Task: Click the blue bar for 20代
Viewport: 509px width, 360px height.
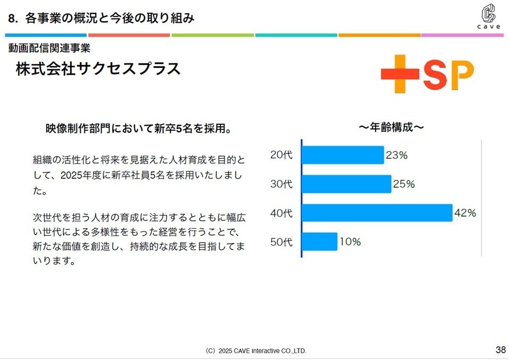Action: click(x=343, y=155)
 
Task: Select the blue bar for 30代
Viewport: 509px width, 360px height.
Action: click(x=346, y=184)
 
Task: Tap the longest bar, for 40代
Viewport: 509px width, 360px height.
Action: click(x=377, y=213)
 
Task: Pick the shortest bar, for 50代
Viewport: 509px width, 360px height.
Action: click(x=319, y=242)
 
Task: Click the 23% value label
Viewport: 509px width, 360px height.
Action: click(x=396, y=156)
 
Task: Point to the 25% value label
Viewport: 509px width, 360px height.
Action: click(x=404, y=184)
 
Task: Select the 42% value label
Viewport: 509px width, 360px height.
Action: click(x=465, y=213)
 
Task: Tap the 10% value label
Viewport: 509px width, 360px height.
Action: click(x=350, y=242)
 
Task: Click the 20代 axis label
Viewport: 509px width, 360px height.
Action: click(x=282, y=156)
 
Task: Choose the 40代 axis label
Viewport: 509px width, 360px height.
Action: click(x=282, y=213)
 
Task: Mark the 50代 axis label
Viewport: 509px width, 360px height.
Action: click(x=282, y=242)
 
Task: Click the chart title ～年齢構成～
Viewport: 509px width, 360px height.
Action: click(x=391, y=127)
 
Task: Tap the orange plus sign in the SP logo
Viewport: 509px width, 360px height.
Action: click(x=400, y=74)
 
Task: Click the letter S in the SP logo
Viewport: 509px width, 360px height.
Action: click(x=438, y=75)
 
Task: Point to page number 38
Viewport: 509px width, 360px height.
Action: click(x=500, y=349)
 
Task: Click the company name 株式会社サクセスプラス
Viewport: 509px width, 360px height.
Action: click(x=98, y=69)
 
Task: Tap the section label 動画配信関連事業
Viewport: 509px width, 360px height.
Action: click(x=49, y=48)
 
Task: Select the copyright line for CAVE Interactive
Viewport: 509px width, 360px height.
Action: click(x=256, y=351)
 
